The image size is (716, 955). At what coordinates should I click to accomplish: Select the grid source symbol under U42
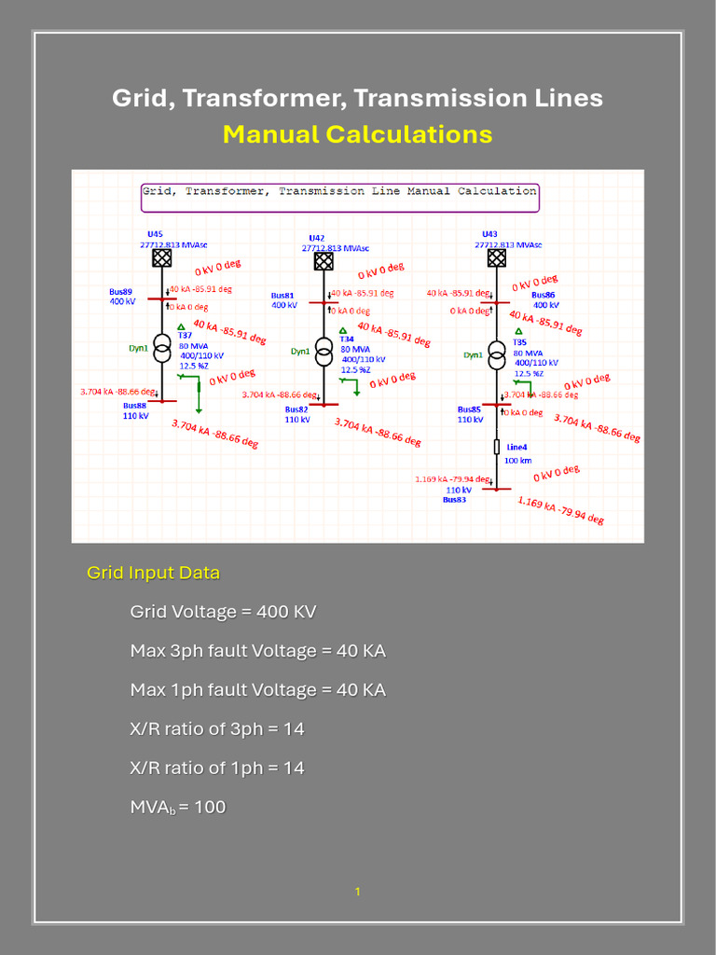coord(324,261)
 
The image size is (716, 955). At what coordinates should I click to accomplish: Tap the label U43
coord(489,234)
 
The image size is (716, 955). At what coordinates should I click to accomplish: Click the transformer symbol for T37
coord(162,350)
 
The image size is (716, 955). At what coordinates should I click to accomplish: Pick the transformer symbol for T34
coord(324,352)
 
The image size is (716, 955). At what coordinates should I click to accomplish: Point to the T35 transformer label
coord(519,342)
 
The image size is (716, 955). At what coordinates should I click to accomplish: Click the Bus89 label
coord(120,292)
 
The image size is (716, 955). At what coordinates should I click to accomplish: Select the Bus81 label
coord(282,295)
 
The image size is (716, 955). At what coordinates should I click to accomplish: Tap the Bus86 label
coord(543,295)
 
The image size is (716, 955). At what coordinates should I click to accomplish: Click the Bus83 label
coord(454,500)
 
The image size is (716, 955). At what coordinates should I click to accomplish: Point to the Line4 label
coord(516,447)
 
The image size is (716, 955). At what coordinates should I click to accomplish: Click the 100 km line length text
coord(517,461)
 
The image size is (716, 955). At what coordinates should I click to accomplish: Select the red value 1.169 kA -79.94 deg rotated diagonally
coord(560,510)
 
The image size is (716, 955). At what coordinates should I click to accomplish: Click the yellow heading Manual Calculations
coord(357,134)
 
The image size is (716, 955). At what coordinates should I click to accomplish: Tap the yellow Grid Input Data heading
coord(153,573)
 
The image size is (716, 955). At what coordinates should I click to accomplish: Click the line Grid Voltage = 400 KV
coord(223,612)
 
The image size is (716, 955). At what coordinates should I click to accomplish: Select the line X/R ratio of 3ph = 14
coord(217,728)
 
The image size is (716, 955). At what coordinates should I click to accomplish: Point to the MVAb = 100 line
coord(177,807)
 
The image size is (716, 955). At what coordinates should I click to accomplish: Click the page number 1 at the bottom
coord(357,893)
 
